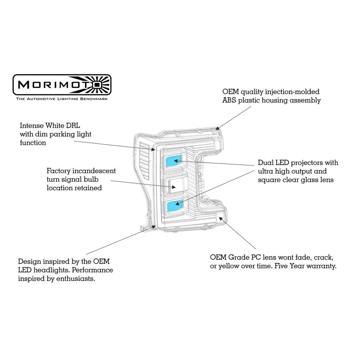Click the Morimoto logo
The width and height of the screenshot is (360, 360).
point(62,85)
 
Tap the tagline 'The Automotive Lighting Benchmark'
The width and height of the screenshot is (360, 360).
point(62,99)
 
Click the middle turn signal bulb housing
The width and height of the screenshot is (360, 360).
point(176,185)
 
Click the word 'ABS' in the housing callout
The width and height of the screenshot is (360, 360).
point(229,100)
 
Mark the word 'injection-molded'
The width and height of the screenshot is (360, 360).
point(292,92)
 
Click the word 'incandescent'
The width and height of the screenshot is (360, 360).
point(94,171)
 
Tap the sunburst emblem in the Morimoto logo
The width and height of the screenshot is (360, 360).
point(98,84)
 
